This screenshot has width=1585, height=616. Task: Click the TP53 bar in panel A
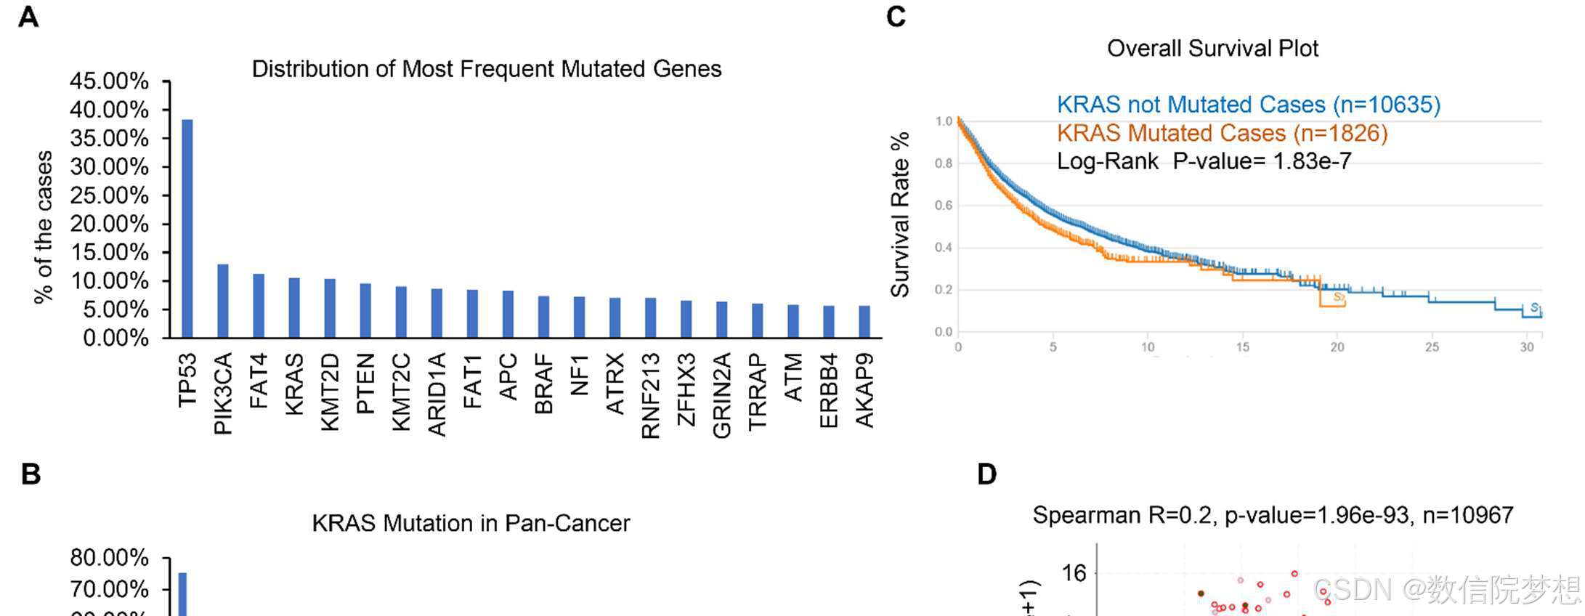coord(187,229)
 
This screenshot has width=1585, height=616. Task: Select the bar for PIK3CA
coord(223,301)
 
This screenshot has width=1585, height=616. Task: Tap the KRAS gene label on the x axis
coord(293,384)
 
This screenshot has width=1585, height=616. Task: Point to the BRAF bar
coord(543,317)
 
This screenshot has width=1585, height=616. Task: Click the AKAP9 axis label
coord(864,390)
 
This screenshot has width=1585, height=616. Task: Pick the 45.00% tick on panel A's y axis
coord(109,81)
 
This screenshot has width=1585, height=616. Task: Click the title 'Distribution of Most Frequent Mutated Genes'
coord(486,69)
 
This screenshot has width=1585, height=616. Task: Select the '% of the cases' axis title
coord(44,227)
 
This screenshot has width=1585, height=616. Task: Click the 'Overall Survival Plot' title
coord(1212,49)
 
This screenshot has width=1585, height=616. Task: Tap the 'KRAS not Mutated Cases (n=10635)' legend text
coord(1248,105)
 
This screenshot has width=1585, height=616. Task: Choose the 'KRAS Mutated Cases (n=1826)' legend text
coord(1222,133)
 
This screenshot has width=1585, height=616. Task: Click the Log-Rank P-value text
coord(1204,161)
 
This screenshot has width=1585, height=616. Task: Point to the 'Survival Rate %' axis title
coord(900,214)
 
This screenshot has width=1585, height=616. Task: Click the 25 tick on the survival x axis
coord(1431,347)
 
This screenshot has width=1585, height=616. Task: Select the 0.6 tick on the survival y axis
coord(944,206)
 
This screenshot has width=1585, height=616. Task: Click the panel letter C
coord(896,17)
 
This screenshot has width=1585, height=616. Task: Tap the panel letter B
coord(31,474)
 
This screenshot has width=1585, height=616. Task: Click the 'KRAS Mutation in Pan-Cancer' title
coord(471,523)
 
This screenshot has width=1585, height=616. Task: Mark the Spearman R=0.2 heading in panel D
coord(1273,515)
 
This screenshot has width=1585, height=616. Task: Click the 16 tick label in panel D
coord(1074,573)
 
